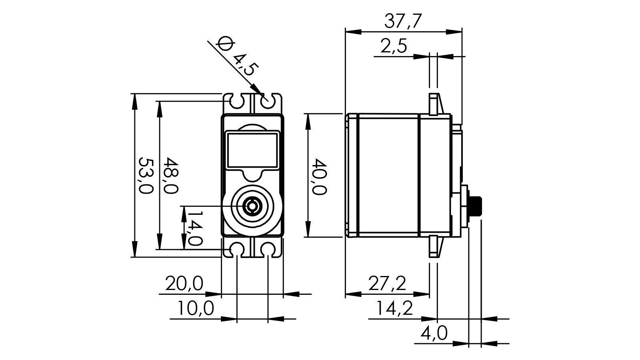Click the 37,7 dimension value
[403, 21]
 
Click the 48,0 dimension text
[171, 176]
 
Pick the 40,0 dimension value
[319, 176]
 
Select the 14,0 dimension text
[194, 228]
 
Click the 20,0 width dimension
[184, 284]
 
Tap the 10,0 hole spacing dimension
[196, 308]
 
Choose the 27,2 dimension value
[387, 284]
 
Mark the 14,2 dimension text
[394, 308]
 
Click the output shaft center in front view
[252, 206]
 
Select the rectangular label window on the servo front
[252, 150]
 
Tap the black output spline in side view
[476, 206]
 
